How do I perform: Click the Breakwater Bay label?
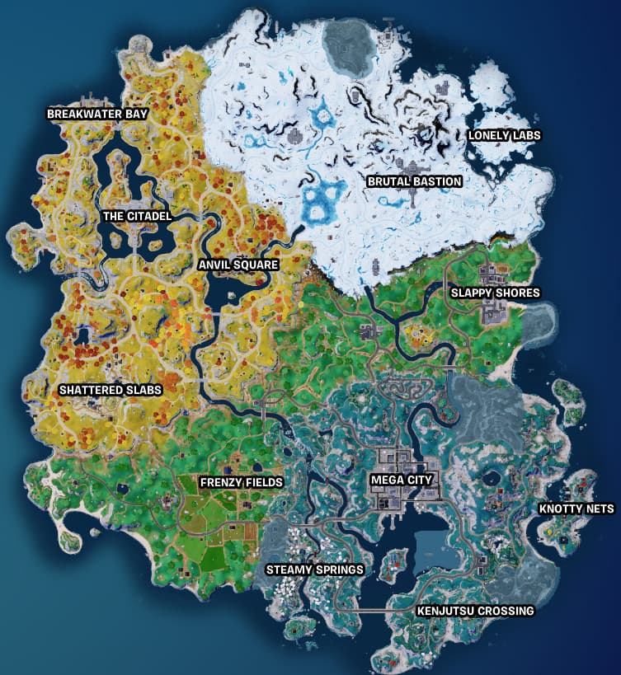coord(97,114)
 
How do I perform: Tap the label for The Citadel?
coord(137,216)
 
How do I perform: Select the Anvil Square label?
coord(238,265)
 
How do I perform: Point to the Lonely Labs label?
coord(505,135)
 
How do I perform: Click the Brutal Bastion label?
coord(414,181)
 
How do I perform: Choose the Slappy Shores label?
coord(495,293)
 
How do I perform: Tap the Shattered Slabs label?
coord(111,390)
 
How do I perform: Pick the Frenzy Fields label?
coord(242,481)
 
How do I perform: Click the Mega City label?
coord(402,478)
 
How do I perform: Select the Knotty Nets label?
coord(576,509)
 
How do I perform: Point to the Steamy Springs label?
coord(314,569)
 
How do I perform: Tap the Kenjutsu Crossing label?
coord(476,611)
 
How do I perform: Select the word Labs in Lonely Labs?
coord(526,135)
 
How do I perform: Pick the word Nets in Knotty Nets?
coord(598,509)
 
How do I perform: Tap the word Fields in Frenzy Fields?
coord(264,481)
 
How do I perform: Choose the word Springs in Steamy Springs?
coord(339,569)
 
